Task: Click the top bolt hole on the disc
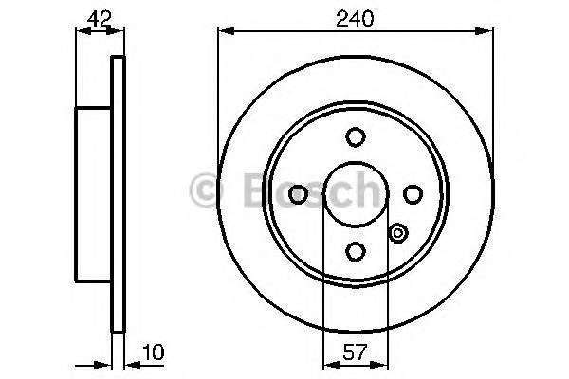pyautogui.click(x=356, y=138)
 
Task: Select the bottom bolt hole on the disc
pyautogui.click(x=356, y=250)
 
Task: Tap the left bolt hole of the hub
pyautogui.click(x=299, y=194)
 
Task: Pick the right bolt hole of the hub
pyautogui.click(x=412, y=194)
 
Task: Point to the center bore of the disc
pyautogui.click(x=356, y=194)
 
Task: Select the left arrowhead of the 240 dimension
pyautogui.click(x=225, y=31)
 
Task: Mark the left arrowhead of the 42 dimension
pyautogui.click(x=80, y=31)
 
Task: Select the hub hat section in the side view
pyautogui.click(x=94, y=194)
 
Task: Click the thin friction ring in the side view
pyautogui.click(x=119, y=194)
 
